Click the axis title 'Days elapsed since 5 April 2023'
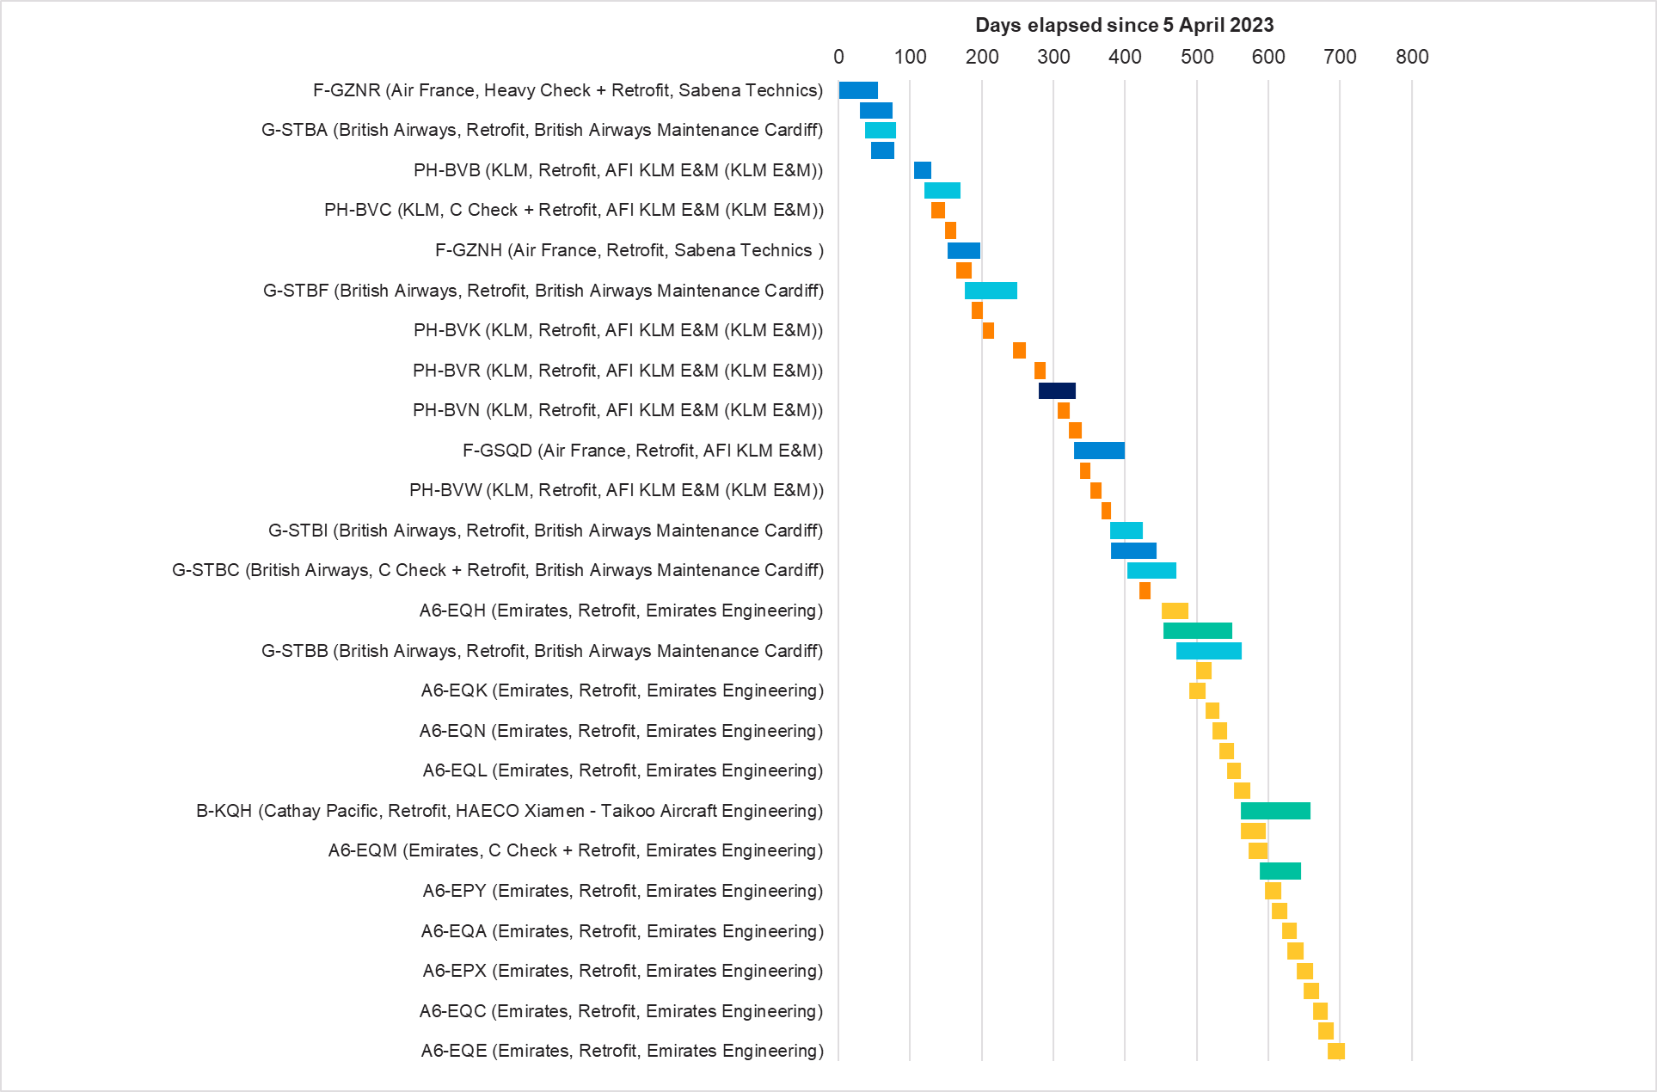coord(1124,25)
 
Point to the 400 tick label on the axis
coord(1125,57)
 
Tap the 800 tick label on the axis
coord(1412,57)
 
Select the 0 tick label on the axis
coord(838,57)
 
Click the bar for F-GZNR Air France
coord(858,90)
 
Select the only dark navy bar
coord(1057,390)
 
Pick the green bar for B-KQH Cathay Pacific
coord(1275,811)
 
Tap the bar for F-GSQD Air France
coord(1099,451)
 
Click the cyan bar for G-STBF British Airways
coord(991,291)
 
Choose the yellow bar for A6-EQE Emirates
coord(1335,1051)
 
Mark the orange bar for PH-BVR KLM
coord(1040,371)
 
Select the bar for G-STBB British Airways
coord(1208,651)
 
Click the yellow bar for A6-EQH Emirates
coord(1175,610)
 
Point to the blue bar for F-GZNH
coord(963,250)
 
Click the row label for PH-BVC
coord(574,210)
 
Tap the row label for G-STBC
coord(498,570)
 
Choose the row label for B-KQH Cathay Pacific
coord(509,811)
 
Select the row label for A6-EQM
coord(575,850)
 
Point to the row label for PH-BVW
coord(616,490)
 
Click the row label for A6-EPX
coord(623,971)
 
